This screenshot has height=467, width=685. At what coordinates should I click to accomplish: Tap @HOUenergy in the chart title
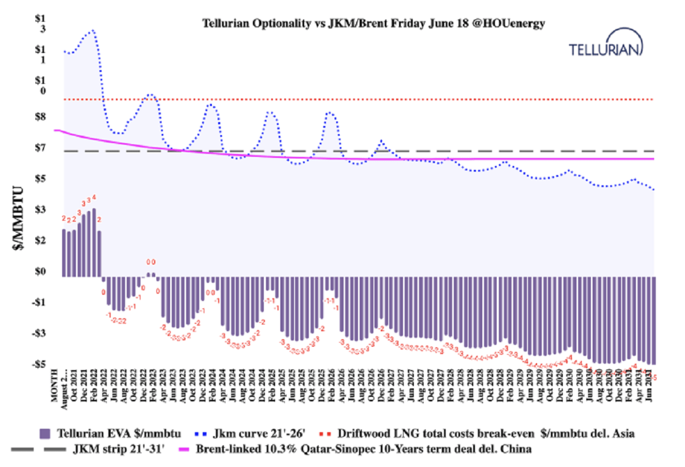[x=510, y=23]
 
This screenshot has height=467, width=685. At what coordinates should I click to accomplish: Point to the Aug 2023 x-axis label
[x=184, y=388]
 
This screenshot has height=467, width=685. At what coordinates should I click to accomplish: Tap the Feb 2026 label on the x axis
[x=332, y=388]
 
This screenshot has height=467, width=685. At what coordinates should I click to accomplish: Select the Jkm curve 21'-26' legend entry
[x=248, y=434]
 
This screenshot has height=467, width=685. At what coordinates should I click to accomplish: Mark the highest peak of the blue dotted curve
[x=92, y=30]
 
